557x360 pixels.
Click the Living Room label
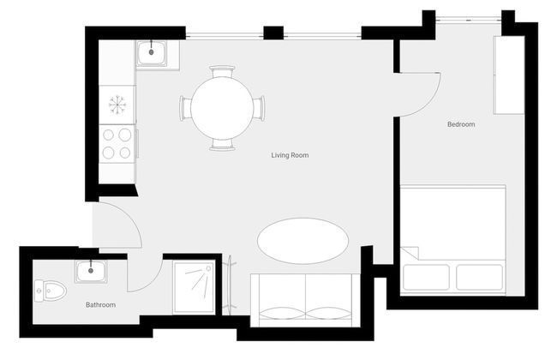click(x=290, y=155)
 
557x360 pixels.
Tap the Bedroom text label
click(x=461, y=124)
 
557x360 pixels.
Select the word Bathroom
click(x=100, y=304)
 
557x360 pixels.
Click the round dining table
click(x=222, y=108)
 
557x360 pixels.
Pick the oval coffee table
click(x=302, y=241)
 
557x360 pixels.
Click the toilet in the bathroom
click(x=52, y=291)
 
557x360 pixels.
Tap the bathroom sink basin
click(x=90, y=272)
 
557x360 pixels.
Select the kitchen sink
click(x=154, y=53)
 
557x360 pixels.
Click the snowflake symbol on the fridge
click(x=117, y=105)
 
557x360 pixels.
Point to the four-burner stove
click(x=117, y=144)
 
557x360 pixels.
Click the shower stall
click(x=195, y=287)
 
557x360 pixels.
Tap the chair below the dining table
click(x=222, y=145)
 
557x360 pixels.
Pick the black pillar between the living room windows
click(x=273, y=33)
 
